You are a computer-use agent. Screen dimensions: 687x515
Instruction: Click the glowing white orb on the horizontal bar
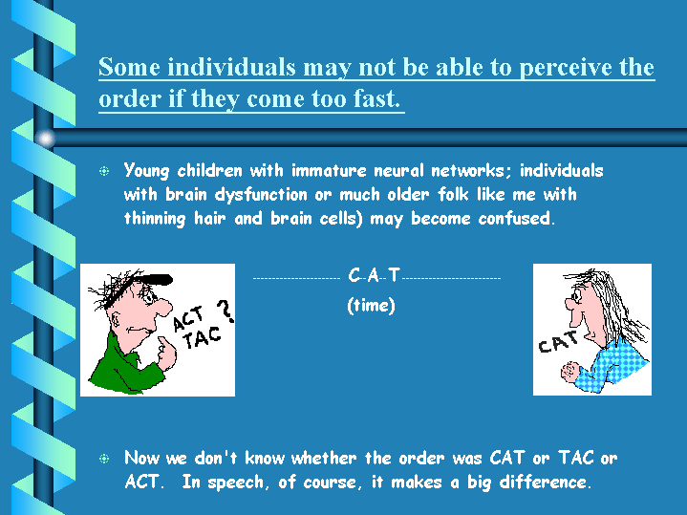click(46, 139)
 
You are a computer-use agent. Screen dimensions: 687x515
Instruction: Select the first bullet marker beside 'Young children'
click(104, 171)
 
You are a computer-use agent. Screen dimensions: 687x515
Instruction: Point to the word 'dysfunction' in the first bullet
click(261, 195)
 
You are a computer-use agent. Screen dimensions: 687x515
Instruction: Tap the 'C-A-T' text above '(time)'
click(374, 275)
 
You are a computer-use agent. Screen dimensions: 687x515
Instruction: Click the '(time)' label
click(371, 305)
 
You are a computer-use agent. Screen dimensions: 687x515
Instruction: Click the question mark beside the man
click(225, 311)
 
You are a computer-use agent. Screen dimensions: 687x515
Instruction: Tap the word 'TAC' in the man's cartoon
click(202, 337)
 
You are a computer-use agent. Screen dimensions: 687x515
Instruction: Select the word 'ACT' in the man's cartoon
click(189, 318)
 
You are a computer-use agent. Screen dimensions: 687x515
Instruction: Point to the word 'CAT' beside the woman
click(558, 342)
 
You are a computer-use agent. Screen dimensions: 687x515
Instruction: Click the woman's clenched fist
click(570, 372)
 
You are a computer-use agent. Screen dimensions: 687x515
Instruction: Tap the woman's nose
click(569, 303)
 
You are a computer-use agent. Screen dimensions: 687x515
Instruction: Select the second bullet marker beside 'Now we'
click(104, 459)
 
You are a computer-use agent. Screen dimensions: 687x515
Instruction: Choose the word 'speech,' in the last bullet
click(235, 483)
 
